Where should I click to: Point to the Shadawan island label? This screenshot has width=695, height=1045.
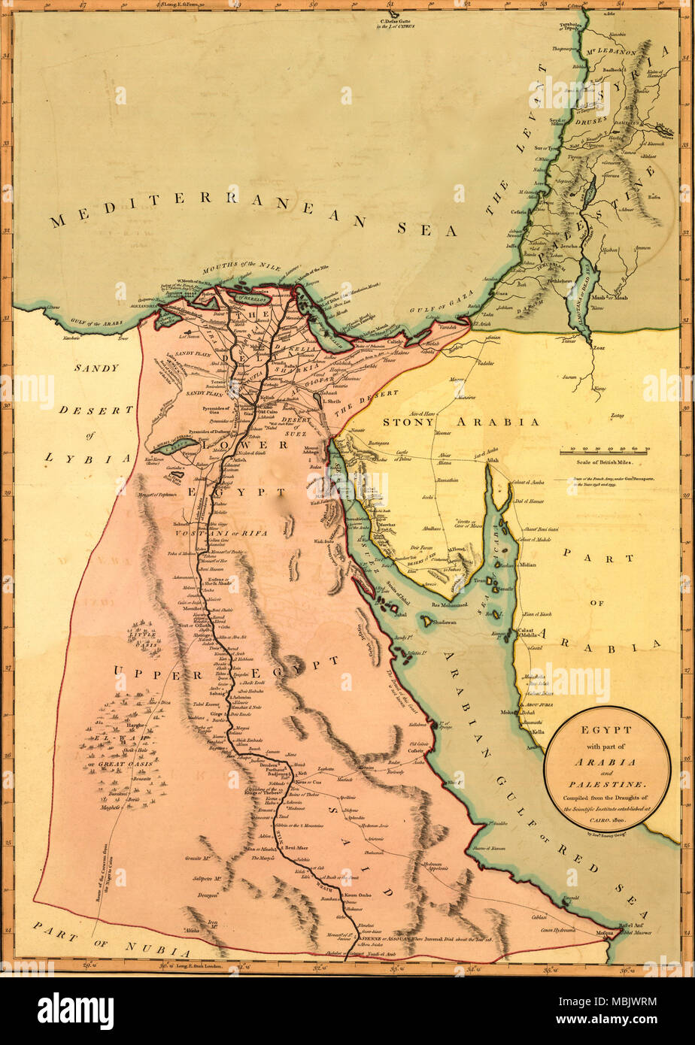pyautogui.click(x=445, y=622)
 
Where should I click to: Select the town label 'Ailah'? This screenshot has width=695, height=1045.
pyautogui.click(x=493, y=460)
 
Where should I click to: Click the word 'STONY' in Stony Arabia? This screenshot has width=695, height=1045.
pyautogui.click(x=407, y=422)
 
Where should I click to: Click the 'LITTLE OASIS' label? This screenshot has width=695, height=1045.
pyautogui.click(x=143, y=635)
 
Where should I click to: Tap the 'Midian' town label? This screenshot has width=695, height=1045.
pyautogui.click(x=527, y=564)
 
